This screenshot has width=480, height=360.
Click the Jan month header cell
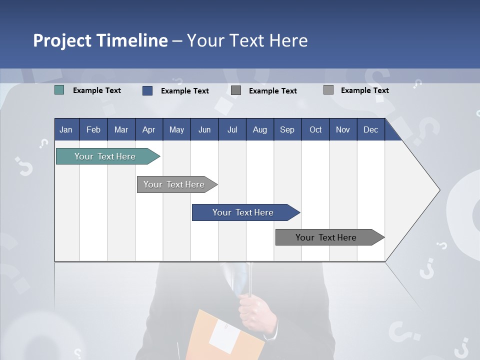point(66,129)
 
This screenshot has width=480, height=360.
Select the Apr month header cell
point(148,129)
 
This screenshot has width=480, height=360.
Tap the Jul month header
point(232,129)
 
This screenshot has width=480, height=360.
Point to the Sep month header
point(287,129)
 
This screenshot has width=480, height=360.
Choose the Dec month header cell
point(370,129)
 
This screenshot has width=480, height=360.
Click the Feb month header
point(93,129)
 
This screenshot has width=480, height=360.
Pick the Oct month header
point(315,129)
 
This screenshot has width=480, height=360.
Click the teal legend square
point(59,90)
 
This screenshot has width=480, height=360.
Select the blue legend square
point(147,90)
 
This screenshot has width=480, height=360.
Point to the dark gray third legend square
point(236,90)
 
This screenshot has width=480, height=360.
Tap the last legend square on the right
point(328,90)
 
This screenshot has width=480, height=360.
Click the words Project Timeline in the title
point(100,40)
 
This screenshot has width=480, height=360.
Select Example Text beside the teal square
point(97,90)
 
